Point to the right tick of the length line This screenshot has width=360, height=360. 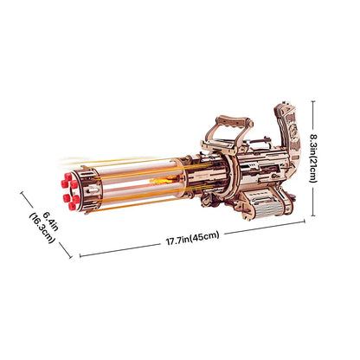click(305, 222)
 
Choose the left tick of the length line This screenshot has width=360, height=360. click(80, 257)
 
